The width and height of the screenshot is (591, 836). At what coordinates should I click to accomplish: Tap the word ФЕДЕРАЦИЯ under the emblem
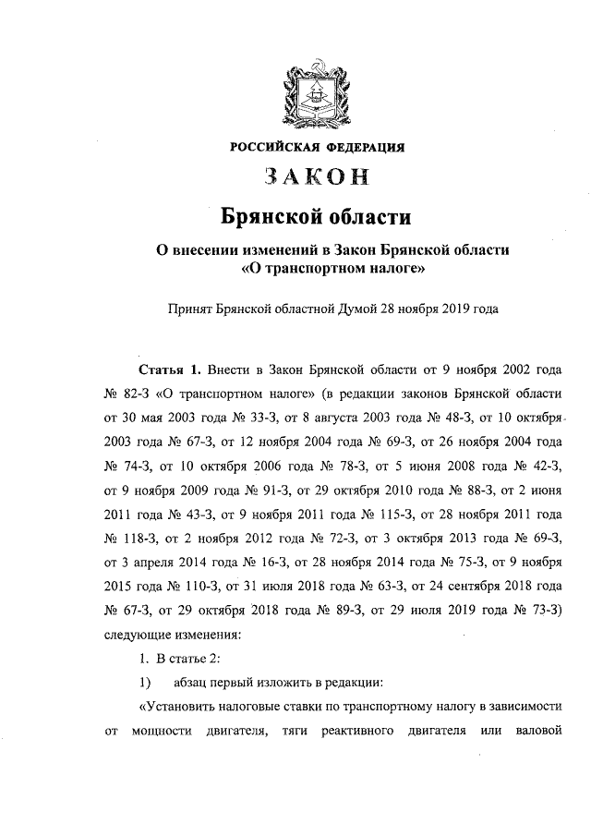365,146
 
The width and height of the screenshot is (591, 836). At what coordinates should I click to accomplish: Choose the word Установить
182,707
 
